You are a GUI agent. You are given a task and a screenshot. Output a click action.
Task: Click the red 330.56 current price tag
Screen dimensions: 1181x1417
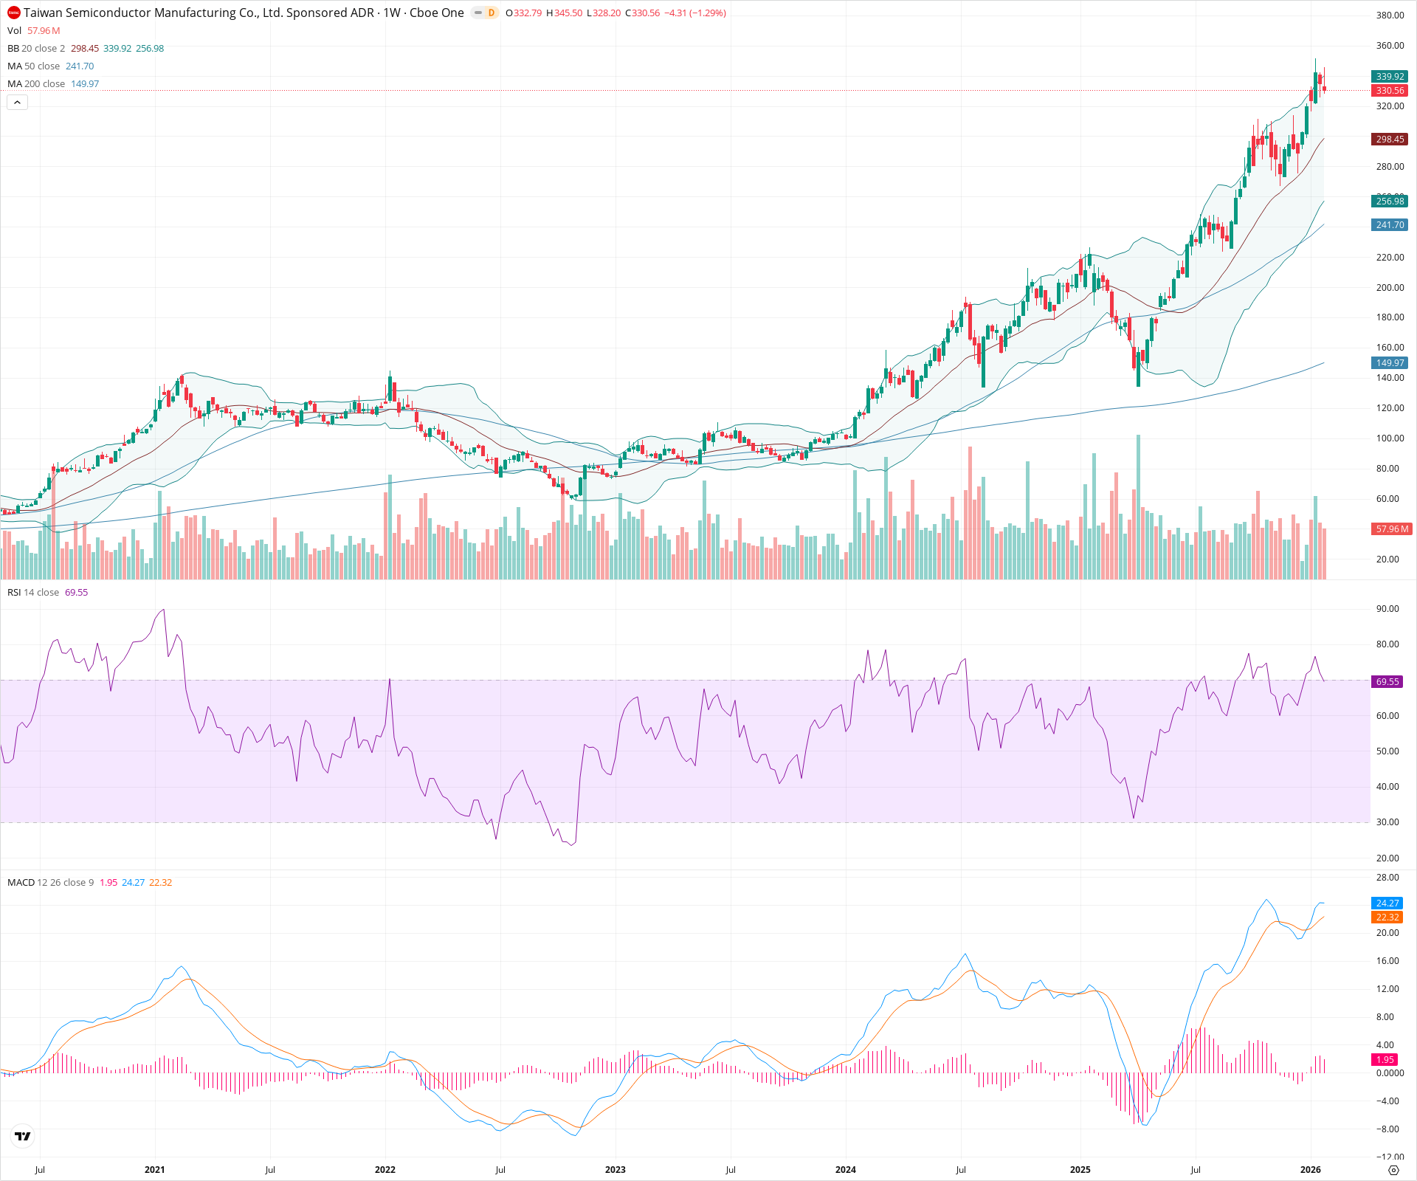click(1390, 91)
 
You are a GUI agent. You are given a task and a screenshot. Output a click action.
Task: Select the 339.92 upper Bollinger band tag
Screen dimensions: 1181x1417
click(1390, 77)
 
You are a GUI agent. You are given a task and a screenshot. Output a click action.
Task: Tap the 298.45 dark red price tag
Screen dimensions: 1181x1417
click(1390, 140)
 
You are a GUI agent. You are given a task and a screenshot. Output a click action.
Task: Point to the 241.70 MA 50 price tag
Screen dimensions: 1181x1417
click(1390, 225)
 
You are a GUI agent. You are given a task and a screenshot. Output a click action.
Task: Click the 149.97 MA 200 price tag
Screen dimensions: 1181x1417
click(1390, 363)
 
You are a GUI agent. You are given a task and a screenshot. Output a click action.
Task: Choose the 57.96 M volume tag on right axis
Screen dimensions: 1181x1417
click(1391, 529)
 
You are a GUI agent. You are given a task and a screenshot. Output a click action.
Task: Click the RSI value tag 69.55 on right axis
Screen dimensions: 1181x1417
click(1387, 682)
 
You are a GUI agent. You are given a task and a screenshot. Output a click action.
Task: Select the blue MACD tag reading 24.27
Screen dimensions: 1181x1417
click(1387, 903)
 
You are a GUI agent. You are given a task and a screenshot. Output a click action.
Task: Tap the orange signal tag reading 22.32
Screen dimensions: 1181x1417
click(1387, 917)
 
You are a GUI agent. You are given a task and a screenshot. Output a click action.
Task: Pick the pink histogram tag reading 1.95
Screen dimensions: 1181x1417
click(1385, 1060)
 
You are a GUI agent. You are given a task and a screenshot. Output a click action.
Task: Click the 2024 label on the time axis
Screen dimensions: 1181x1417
click(845, 1170)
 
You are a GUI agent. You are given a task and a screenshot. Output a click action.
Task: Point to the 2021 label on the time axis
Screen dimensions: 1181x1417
click(154, 1170)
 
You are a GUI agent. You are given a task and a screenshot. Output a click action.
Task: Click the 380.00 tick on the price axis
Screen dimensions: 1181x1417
click(1390, 16)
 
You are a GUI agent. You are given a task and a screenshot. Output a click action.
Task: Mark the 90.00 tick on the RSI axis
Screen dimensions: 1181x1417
click(1387, 609)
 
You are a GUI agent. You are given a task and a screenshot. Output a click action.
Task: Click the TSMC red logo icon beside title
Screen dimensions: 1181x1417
click(13, 13)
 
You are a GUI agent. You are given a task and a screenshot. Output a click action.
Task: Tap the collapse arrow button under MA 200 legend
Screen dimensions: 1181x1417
click(17, 103)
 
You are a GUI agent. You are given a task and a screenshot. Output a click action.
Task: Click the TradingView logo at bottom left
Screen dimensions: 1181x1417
click(23, 1136)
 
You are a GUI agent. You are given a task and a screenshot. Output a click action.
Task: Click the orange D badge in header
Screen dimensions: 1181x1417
click(491, 13)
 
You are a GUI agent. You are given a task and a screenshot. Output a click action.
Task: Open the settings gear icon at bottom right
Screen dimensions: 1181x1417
click(1393, 1170)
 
